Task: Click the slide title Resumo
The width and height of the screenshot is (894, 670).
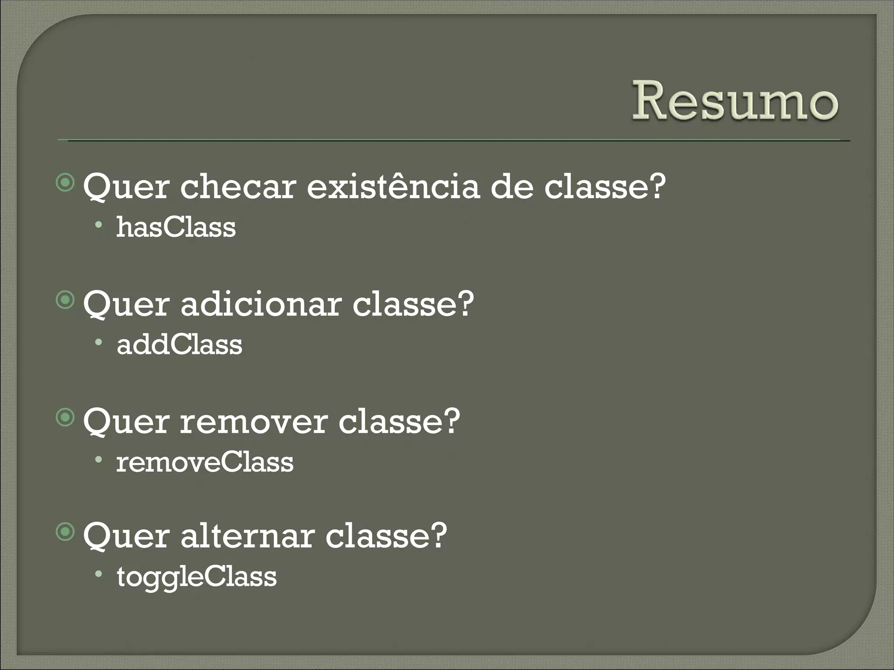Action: [735, 102]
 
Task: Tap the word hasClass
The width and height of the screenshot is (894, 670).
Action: [175, 227]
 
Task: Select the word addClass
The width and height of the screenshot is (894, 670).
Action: [179, 345]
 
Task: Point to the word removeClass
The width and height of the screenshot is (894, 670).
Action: [204, 463]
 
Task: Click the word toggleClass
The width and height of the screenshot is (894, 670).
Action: [196, 577]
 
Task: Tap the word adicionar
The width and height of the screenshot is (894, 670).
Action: [261, 304]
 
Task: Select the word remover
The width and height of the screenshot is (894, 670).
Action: [253, 422]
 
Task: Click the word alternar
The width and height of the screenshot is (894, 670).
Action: [247, 536]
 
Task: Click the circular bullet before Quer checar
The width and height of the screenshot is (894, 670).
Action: [65, 183]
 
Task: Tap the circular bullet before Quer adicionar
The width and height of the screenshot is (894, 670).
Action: [65, 301]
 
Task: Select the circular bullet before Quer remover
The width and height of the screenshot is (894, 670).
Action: [65, 418]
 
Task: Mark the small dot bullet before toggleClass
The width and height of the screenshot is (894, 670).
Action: [100, 574]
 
